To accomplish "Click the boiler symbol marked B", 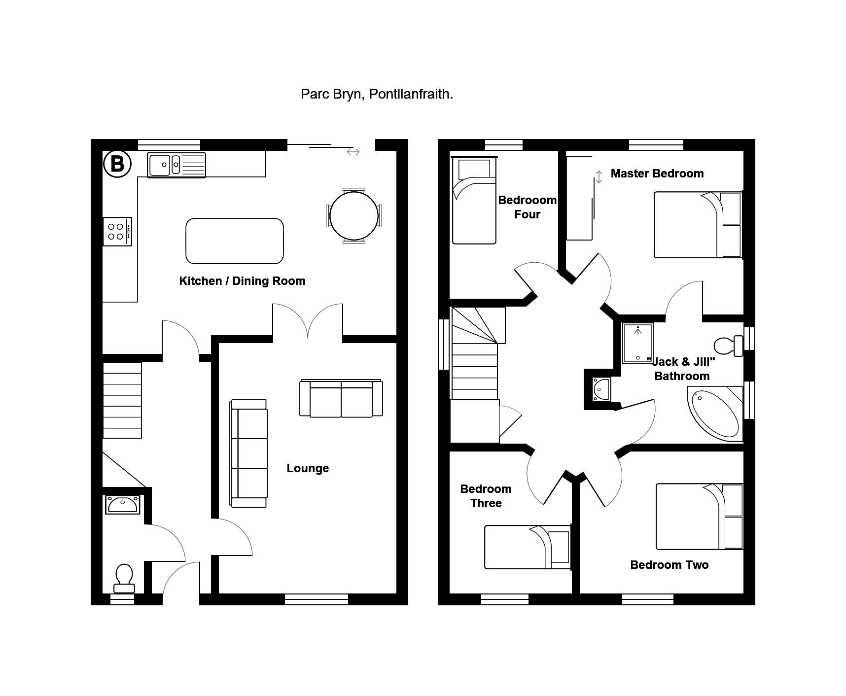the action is (117, 164).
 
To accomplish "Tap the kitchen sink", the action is (176, 165).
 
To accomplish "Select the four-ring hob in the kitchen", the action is (117, 232).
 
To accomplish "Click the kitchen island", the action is (235, 241).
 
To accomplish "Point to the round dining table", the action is (353, 215).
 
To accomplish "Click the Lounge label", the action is (308, 468).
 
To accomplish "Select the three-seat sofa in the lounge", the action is (249, 453).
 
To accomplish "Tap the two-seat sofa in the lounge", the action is (341, 398).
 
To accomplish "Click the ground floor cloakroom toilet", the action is (124, 578).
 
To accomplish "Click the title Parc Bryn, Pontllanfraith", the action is (377, 94).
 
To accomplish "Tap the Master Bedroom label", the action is (657, 174).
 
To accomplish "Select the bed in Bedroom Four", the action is (474, 200).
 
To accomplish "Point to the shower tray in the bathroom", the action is (637, 343).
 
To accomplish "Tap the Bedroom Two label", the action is (669, 565).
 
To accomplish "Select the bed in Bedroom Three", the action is (527, 547).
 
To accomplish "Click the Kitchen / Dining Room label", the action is (242, 281).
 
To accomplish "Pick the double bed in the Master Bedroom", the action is (698, 225).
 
